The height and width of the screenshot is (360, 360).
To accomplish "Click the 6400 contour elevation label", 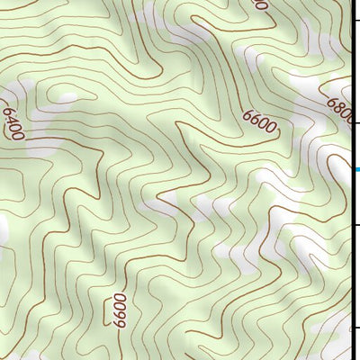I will pyautogui.click(x=12, y=122).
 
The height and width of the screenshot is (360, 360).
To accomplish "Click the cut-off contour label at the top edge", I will pyautogui.click(x=262, y=4).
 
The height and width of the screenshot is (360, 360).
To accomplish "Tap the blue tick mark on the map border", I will pyautogui.click(x=356, y=169).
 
